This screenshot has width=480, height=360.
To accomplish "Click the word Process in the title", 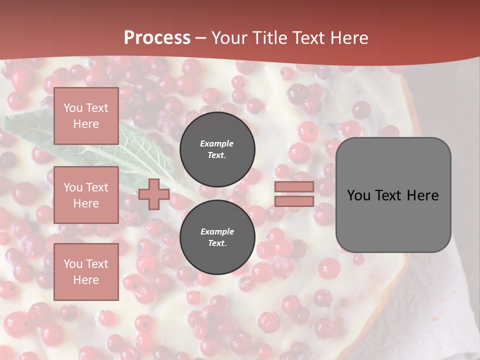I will (157, 38).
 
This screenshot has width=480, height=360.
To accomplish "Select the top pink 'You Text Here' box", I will (86, 116).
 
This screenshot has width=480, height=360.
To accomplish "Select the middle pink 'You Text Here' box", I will (86, 195).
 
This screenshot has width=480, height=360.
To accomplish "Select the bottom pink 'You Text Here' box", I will (86, 271).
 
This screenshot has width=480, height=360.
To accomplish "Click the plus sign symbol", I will (153, 194).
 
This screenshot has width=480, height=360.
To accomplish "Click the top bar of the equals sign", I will (294, 187).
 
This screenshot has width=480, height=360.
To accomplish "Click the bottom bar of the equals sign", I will (294, 201).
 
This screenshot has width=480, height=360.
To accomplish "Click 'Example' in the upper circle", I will (217, 143).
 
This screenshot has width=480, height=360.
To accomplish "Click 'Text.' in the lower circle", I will (217, 243).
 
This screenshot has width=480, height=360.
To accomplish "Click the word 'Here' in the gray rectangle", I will (423, 195).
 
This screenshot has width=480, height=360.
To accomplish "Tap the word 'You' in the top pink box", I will (73, 108).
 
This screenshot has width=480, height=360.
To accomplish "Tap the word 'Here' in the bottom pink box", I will (86, 280).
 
